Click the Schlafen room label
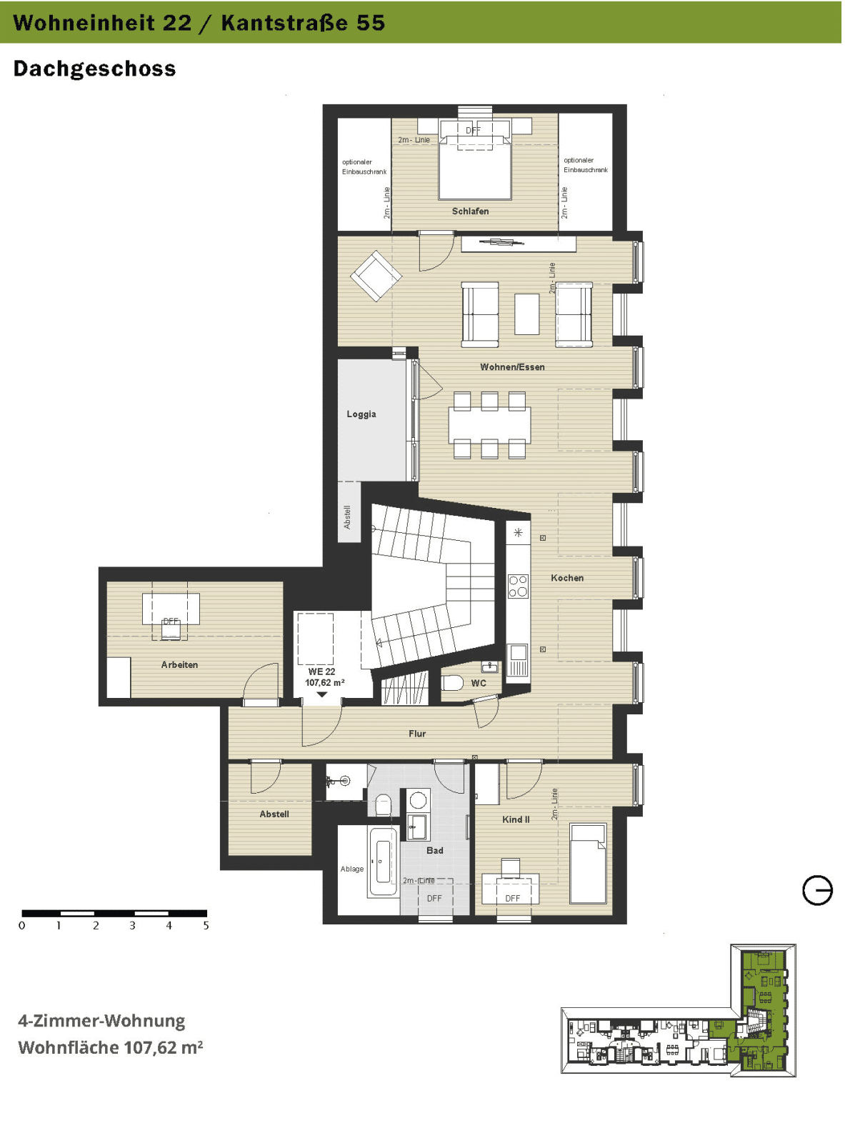click(x=470, y=211)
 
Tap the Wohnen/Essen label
click(x=512, y=367)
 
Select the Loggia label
click(x=361, y=414)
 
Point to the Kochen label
click(x=566, y=578)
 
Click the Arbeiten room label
click(x=179, y=665)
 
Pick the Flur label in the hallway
click(x=417, y=734)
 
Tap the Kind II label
click(x=516, y=819)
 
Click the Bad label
click(x=434, y=850)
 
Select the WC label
click(x=478, y=683)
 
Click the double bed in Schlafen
click(x=474, y=161)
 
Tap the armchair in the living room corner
click(x=376, y=276)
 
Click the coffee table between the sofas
click(x=526, y=314)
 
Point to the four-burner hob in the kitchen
click(x=518, y=586)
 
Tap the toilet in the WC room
click(x=453, y=684)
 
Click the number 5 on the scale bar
click(x=206, y=926)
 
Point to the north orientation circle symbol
click(x=817, y=890)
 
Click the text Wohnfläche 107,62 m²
click(x=110, y=1048)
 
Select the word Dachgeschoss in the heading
click(x=95, y=69)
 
